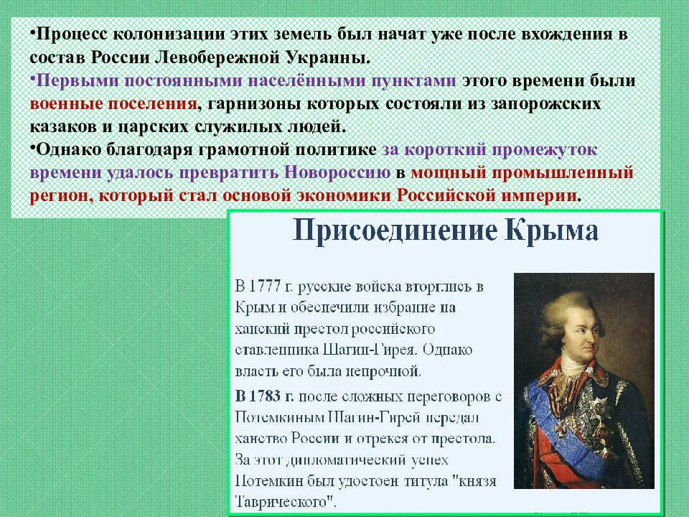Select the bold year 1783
click(x=264, y=396)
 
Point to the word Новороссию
click(x=337, y=174)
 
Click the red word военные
click(x=65, y=103)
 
